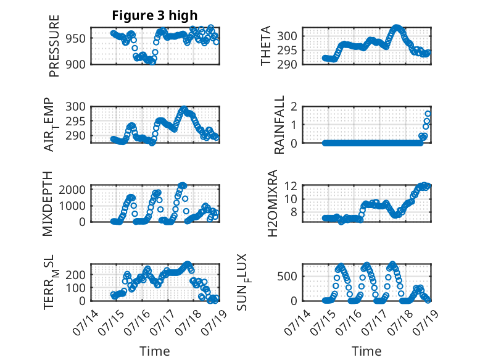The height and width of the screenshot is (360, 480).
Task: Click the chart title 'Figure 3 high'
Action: tap(155, 15)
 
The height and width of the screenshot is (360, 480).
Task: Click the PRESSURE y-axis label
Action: tap(54, 46)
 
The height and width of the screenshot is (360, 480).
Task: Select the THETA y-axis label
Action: tap(266, 46)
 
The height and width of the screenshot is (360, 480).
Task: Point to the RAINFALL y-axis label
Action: tap(279, 125)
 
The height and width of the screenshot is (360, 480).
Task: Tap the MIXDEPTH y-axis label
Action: tap(48, 204)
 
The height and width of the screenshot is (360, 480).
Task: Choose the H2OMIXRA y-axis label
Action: tap(273, 203)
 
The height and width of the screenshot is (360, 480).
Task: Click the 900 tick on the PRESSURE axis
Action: tap(76, 65)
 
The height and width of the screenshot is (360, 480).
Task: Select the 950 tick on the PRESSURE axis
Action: tap(76, 39)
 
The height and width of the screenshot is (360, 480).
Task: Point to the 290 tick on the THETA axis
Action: tap(287, 65)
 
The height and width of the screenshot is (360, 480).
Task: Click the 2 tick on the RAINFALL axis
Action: tap(294, 107)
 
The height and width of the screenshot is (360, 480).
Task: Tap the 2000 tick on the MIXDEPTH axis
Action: tap(72, 190)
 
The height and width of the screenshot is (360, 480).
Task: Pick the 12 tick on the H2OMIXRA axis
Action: tap(291, 186)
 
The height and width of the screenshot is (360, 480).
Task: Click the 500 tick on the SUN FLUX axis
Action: tap(287, 277)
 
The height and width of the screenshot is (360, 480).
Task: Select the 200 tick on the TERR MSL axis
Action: tap(76, 275)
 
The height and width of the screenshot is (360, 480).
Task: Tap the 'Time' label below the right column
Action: tap(366, 351)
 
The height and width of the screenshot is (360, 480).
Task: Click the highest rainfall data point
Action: tap(428, 114)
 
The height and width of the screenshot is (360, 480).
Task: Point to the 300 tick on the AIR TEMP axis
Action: tap(76, 107)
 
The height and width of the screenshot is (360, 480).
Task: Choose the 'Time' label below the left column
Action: tap(155, 351)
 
